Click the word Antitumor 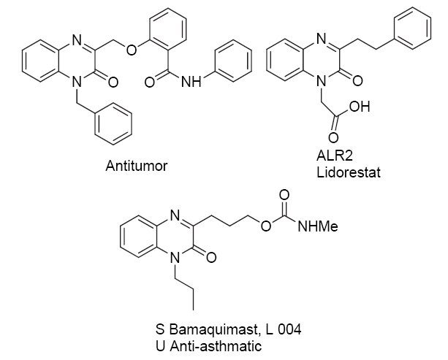[x=137, y=166]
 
